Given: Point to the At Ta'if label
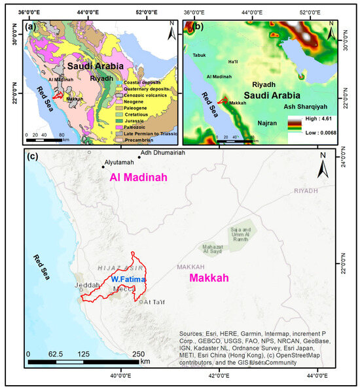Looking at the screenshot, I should [x=156, y=301].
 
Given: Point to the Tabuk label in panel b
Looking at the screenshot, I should [x=200, y=56].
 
